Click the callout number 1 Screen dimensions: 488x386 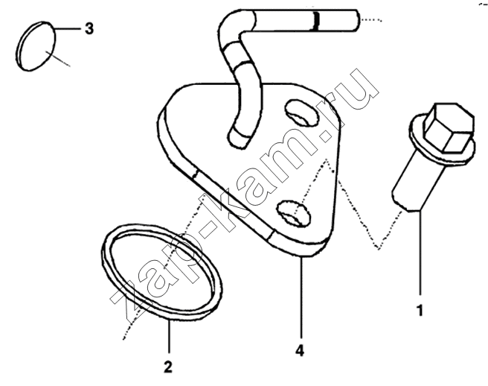click(x=420, y=311)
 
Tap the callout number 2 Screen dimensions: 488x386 click(x=168, y=367)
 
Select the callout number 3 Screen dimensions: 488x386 click(x=89, y=28)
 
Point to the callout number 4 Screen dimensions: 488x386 click(x=300, y=351)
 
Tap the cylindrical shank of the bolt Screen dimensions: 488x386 click(x=417, y=180)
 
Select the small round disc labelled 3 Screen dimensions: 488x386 click(x=36, y=46)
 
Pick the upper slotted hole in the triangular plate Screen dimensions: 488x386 click(x=302, y=113)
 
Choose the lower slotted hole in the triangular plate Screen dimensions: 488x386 click(x=294, y=214)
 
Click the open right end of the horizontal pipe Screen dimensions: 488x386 click(x=356, y=20)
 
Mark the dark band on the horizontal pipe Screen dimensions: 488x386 click(x=316, y=21)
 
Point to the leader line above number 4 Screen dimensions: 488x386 click(x=301, y=297)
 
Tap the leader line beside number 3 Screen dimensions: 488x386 click(x=69, y=28)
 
